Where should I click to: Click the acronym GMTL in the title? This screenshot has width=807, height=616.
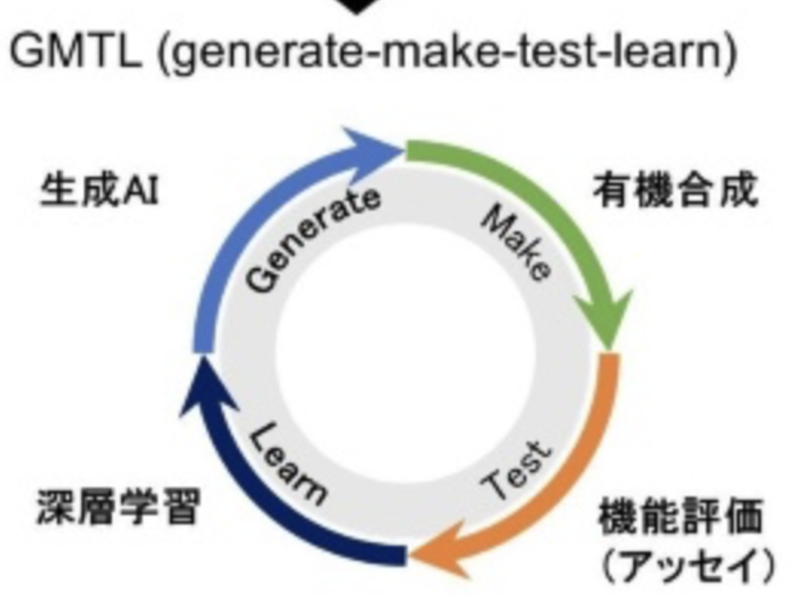tap(75, 51)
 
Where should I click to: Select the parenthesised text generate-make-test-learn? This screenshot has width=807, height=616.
tap(447, 52)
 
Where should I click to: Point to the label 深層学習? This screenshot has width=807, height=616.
tap(118, 506)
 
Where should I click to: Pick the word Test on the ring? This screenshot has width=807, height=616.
tap(517, 471)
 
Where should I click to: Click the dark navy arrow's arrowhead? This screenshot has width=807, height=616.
tap(205, 386)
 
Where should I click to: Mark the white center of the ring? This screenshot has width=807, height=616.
tap(406, 355)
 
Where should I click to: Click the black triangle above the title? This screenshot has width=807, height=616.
tap(356, 5)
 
